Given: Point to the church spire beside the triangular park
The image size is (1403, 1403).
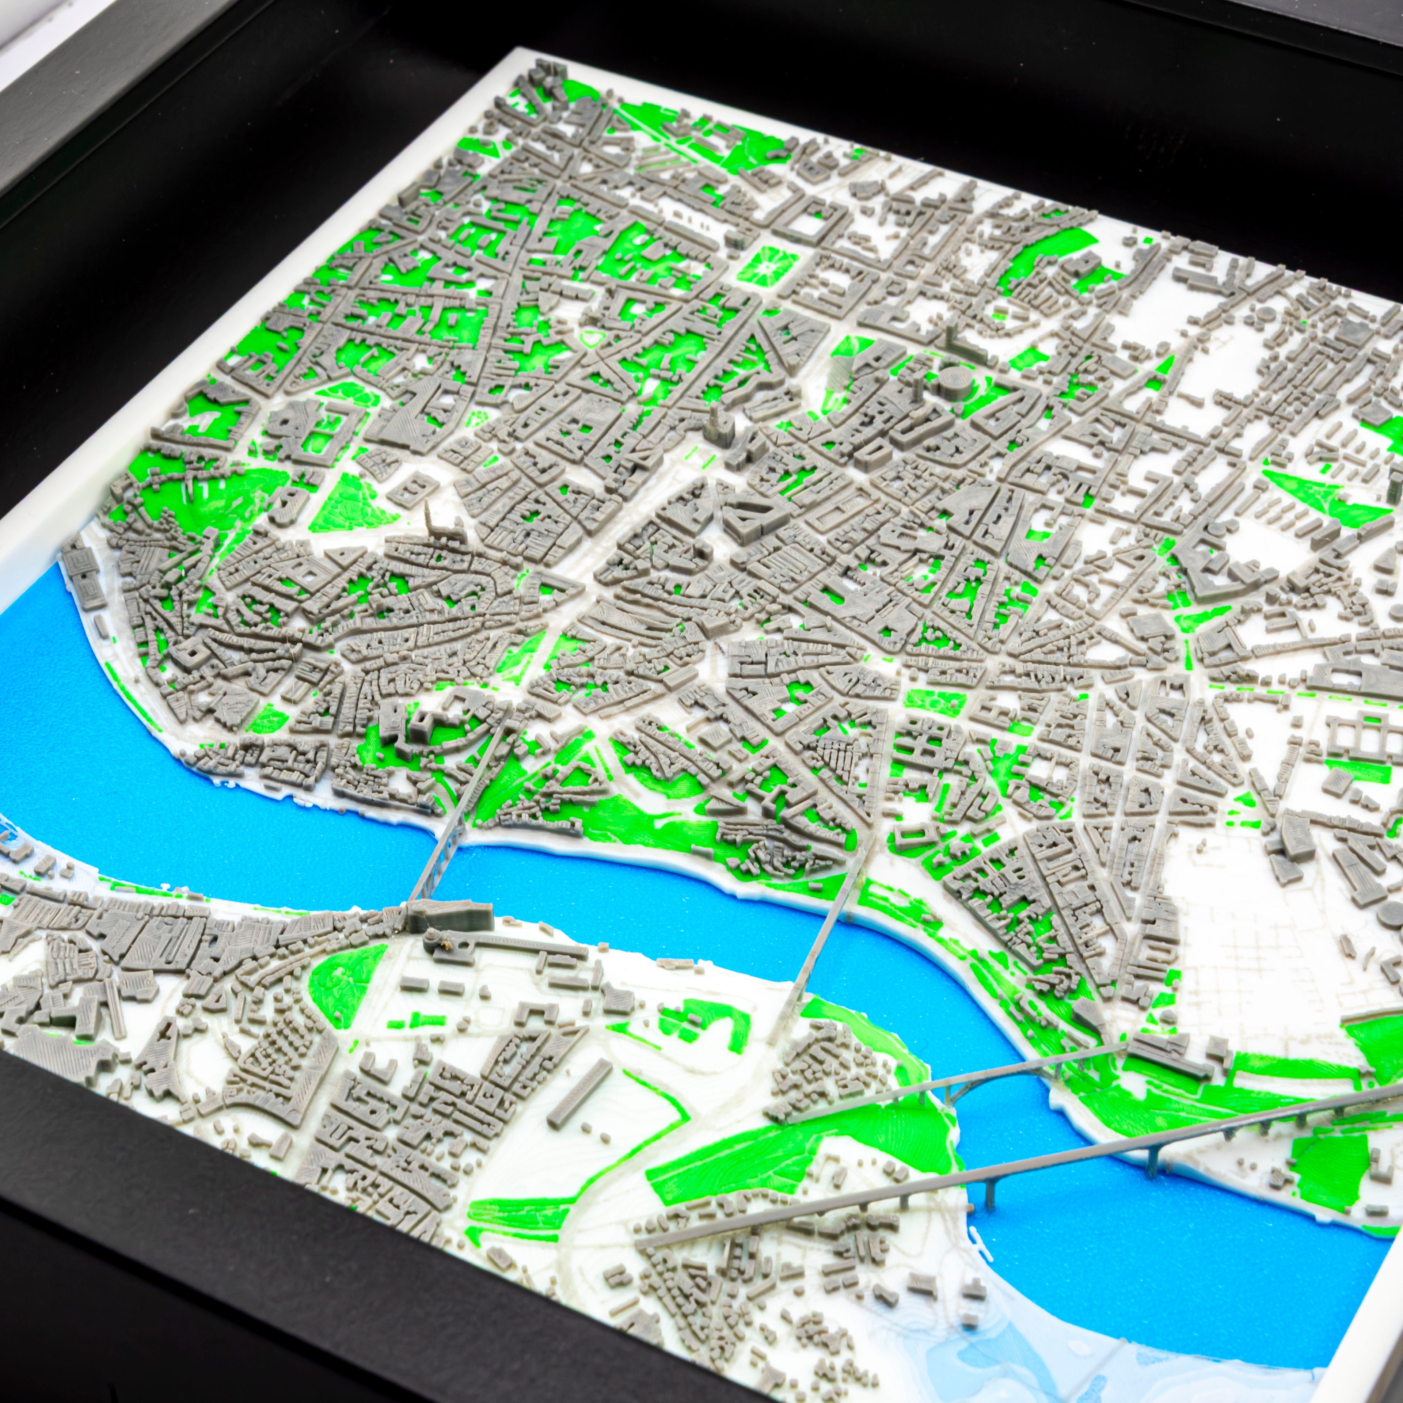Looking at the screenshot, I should [x=429, y=517].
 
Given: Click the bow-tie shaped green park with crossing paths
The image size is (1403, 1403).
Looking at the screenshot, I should [x=1322, y=494].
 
